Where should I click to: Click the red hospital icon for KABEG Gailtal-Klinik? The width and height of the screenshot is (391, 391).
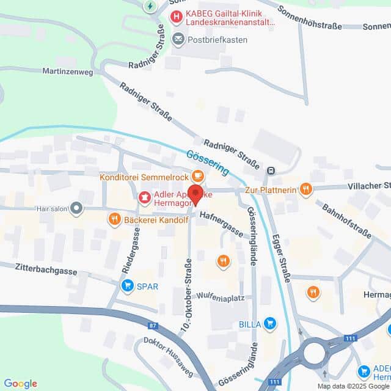[x=177, y=17]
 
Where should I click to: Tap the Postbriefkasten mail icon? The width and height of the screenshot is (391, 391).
[x=178, y=40]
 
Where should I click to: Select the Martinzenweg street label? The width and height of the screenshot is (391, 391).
[x=67, y=71]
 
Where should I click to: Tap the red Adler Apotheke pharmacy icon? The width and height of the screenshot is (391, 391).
[x=145, y=197]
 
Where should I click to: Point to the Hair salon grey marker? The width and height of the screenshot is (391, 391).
[x=76, y=208]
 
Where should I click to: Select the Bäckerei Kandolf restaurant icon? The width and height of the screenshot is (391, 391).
[x=114, y=219]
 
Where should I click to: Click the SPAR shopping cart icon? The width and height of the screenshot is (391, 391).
[x=128, y=285]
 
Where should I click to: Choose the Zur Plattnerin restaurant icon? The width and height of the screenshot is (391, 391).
[x=306, y=190]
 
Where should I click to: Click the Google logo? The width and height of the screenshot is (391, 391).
[x=20, y=383]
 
